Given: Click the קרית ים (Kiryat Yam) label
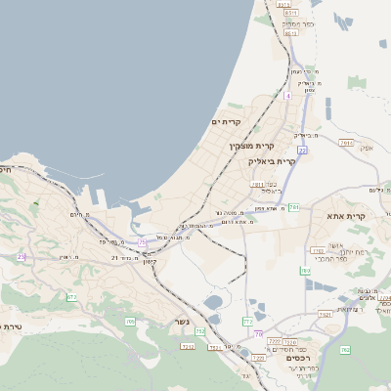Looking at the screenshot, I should [x=226, y=121].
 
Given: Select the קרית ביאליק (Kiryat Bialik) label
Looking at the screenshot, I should [x=272, y=160].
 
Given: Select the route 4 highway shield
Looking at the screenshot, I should [x=287, y=96].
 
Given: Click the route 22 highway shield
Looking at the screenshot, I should [x=303, y=150].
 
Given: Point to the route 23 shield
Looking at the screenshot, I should [x=22, y=257].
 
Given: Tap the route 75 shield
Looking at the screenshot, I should [x=142, y=240].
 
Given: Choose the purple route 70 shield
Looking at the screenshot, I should [x=258, y=334].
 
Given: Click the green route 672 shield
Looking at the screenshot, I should [x=71, y=296].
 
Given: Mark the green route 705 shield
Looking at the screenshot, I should [x=130, y=321].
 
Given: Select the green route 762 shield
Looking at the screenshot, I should [x=344, y=349].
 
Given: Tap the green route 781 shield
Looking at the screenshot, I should [x=294, y=207].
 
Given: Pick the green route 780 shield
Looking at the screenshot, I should [x=306, y=271].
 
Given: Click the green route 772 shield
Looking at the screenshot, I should [x=247, y=321].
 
